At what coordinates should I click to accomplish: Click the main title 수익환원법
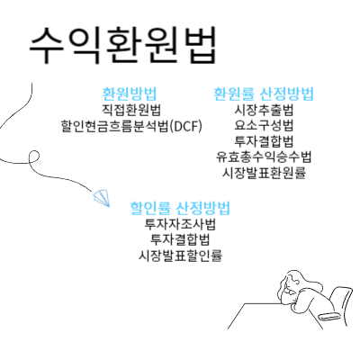(x=122, y=45)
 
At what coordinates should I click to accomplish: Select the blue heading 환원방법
(x=130, y=94)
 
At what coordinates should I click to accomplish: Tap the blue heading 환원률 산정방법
(x=264, y=94)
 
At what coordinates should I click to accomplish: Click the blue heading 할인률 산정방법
(x=180, y=208)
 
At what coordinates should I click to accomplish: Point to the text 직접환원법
(x=131, y=110)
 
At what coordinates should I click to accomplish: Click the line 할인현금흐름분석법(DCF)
(x=131, y=126)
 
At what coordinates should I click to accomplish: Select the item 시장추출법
(x=264, y=110)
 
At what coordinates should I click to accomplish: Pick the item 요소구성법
(x=264, y=125)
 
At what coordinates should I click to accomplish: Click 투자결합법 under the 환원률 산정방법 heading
(x=264, y=141)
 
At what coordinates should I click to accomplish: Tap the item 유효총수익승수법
(x=264, y=157)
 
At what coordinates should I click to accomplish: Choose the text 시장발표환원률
(x=264, y=173)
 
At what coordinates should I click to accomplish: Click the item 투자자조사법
(x=180, y=224)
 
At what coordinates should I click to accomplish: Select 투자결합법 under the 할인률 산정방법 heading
(x=180, y=239)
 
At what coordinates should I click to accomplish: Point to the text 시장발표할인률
(x=180, y=256)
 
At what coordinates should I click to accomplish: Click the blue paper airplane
(x=102, y=198)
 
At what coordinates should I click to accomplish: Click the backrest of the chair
(x=340, y=299)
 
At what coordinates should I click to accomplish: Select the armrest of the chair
(x=329, y=316)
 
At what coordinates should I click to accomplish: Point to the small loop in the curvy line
(x=34, y=157)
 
